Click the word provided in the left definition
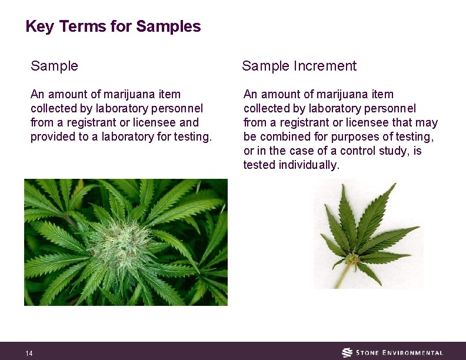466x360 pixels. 52,137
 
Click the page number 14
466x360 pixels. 29,353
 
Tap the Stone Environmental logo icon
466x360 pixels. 348,352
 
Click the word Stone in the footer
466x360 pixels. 369,353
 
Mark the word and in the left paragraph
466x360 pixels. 189,123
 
